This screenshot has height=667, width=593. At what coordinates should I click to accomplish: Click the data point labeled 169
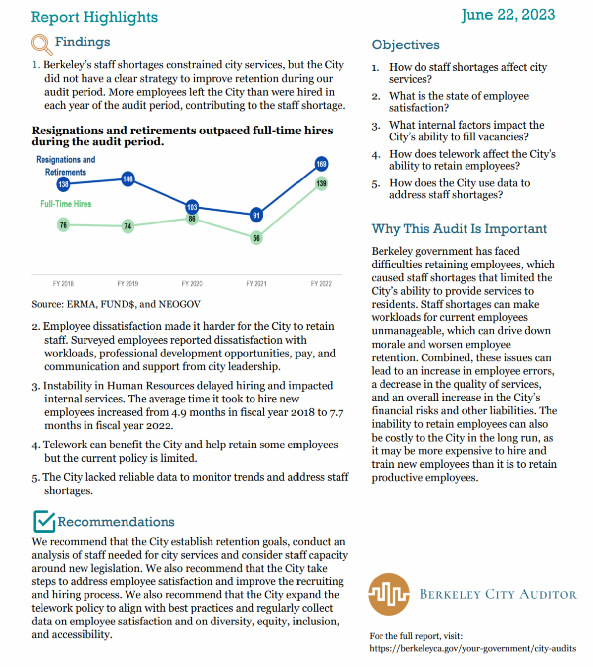pos(321,164)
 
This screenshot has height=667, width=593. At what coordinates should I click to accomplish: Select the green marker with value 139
pos(321,183)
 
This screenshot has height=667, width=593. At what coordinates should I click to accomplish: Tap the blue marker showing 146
pos(128,179)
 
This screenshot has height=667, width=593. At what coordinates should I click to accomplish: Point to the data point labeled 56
pos(256,238)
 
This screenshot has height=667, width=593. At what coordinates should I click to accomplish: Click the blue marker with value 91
pos(256,215)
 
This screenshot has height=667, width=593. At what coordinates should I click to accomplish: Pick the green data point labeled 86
pos(192,219)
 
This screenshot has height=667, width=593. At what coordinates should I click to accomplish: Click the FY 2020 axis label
pos(192,284)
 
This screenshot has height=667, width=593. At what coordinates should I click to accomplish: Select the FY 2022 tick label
pos(321,284)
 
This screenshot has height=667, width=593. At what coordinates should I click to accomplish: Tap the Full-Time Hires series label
pos(66,204)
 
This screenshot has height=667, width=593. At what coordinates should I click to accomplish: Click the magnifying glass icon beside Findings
pos(41,44)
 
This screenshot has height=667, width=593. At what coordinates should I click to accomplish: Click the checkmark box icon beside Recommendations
pos(43,521)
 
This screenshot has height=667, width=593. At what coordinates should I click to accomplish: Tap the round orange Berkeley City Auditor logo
pos(389,594)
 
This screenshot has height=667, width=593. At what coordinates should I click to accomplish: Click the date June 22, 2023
pos(508,15)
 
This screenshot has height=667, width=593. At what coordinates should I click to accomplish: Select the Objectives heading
pos(405,45)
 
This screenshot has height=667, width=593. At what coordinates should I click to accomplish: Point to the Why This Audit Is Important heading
pos(459,229)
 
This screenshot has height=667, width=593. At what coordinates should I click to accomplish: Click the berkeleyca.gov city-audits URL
pos(472,648)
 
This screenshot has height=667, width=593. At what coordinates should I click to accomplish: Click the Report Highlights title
pos(94,17)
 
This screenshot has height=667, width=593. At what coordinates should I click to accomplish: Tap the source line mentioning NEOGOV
pos(116,304)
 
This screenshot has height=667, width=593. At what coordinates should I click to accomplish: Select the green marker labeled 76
pos(63,225)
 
